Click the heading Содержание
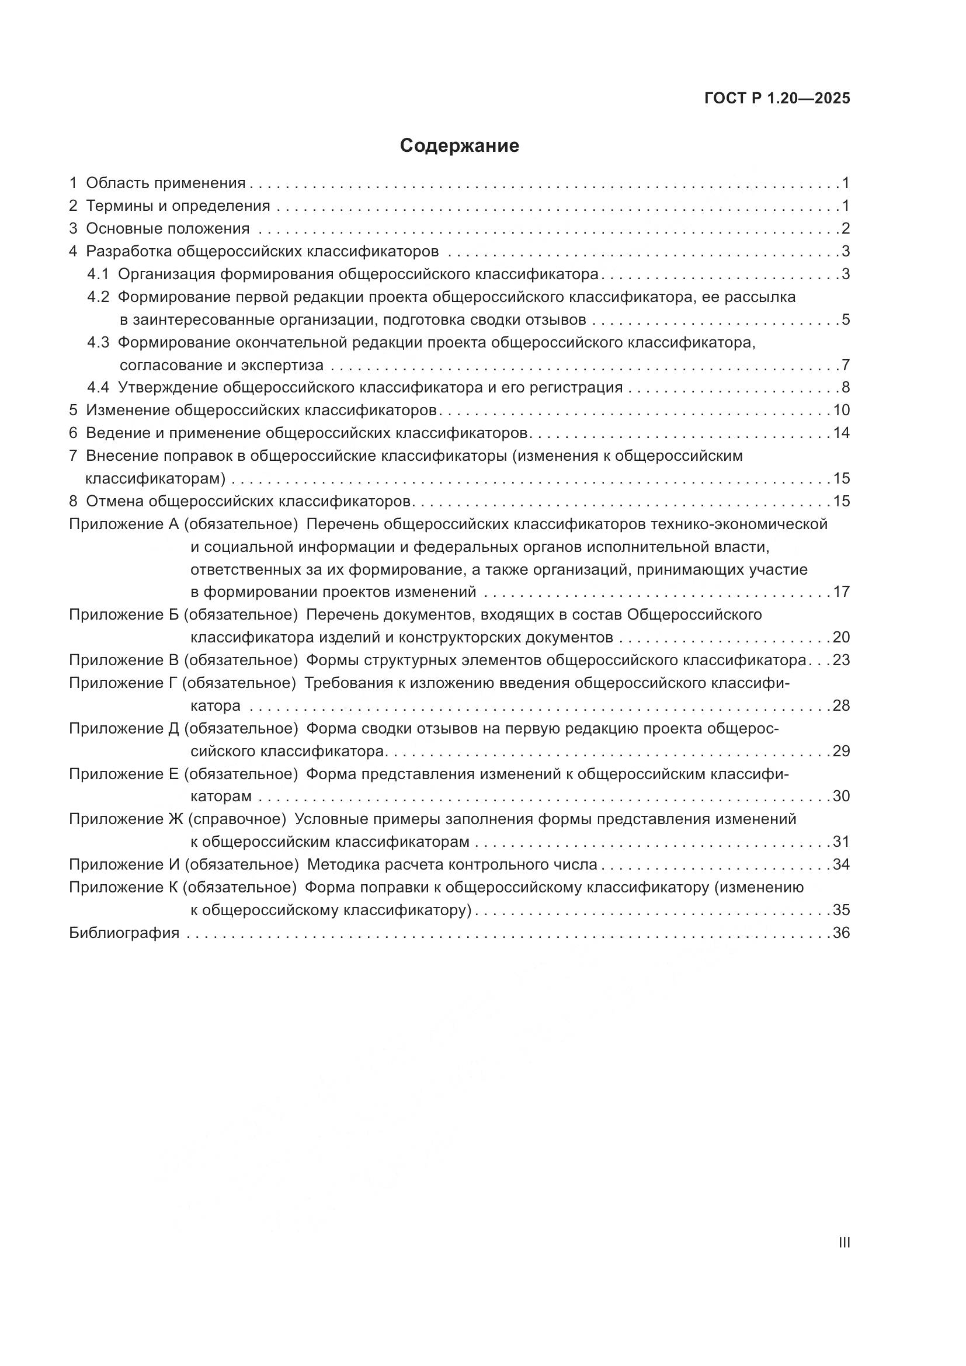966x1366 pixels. [x=459, y=146]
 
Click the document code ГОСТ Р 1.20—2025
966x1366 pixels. [x=777, y=98]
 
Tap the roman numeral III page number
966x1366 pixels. [x=843, y=1242]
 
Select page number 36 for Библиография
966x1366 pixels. [x=841, y=932]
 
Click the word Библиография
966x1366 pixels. [x=124, y=932]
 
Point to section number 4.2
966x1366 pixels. [x=98, y=297]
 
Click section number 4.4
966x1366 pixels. [x=98, y=387]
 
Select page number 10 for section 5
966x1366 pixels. [x=841, y=410]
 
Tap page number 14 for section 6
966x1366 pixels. [x=841, y=433]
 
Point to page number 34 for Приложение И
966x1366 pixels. [x=841, y=864]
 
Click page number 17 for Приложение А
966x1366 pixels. [x=841, y=592]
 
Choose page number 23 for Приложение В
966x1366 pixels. [x=841, y=660]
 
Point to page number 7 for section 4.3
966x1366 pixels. [x=845, y=364]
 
